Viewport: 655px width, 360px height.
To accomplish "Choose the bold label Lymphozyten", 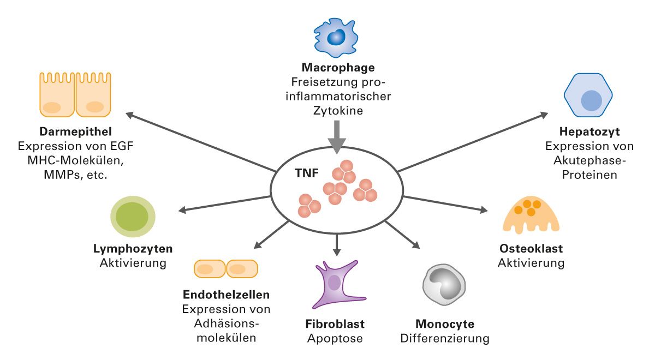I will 133,249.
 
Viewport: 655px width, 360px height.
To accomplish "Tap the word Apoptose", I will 335,338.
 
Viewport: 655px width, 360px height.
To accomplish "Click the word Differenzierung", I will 444,338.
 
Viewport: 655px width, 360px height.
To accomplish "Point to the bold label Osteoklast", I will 531,249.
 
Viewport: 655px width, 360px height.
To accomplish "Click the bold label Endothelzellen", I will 225,295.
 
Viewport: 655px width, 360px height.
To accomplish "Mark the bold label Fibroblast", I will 335,323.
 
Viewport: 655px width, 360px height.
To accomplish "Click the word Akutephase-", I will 589,161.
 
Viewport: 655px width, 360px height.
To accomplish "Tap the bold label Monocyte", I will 444,323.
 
